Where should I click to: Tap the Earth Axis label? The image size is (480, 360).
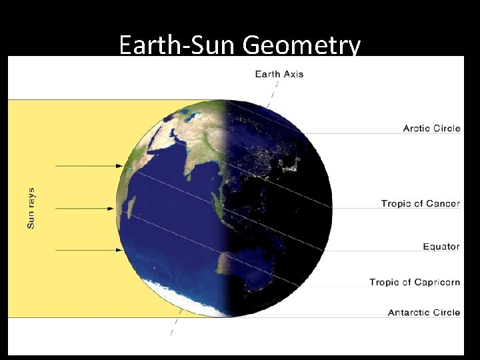pos(279,73)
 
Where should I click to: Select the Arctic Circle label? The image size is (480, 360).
pos(431,128)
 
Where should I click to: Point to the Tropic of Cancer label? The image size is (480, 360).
pos(420,203)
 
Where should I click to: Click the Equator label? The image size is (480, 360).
pos(441,247)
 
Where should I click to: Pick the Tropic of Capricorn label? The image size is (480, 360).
pos(415,282)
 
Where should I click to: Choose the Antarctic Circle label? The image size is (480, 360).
pos(424,312)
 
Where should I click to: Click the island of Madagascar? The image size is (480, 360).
pos(131,205)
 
